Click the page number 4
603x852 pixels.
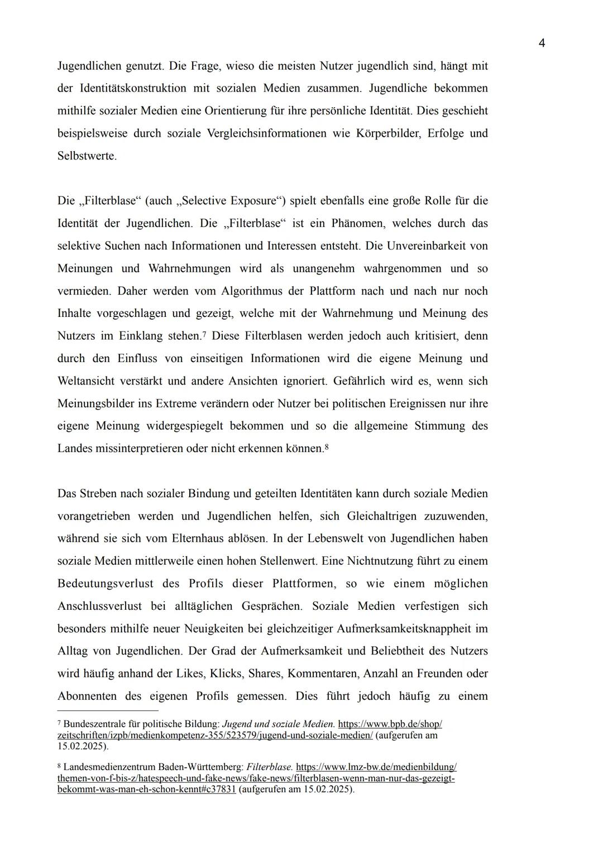point(542,44)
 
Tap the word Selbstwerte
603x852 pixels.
point(87,156)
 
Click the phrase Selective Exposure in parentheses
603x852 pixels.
point(229,201)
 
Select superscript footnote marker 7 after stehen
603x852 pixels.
point(204,334)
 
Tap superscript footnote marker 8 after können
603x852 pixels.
point(327,446)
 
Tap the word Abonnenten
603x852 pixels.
point(87,696)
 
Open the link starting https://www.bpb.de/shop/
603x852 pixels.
point(390,724)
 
